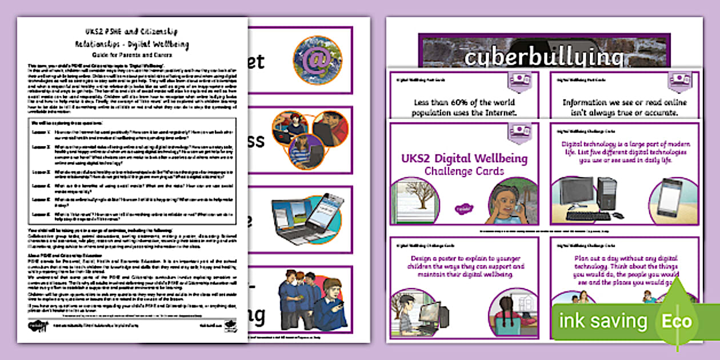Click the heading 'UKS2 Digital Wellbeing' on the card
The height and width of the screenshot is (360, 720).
463,158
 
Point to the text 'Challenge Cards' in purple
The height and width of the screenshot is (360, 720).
463,171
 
